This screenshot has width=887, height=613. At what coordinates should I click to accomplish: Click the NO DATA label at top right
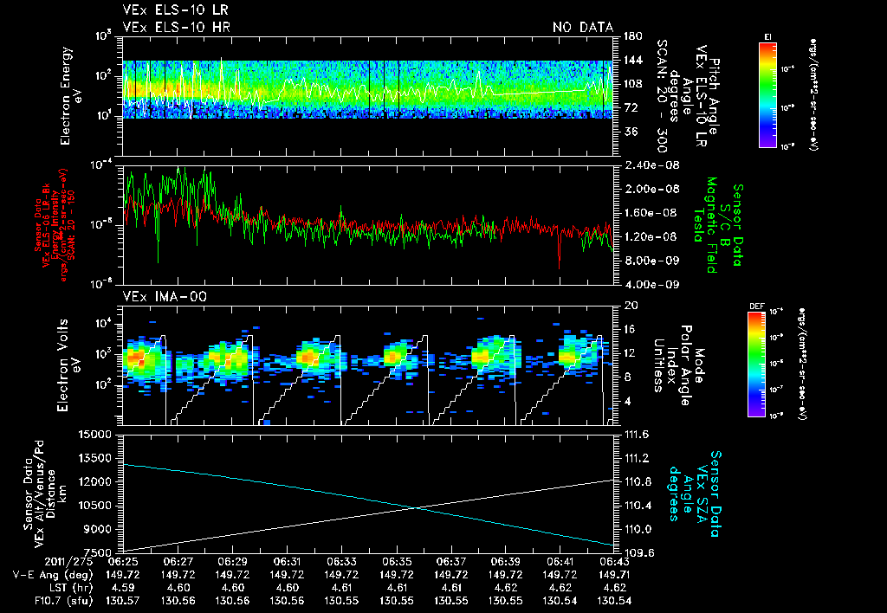tap(583, 28)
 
